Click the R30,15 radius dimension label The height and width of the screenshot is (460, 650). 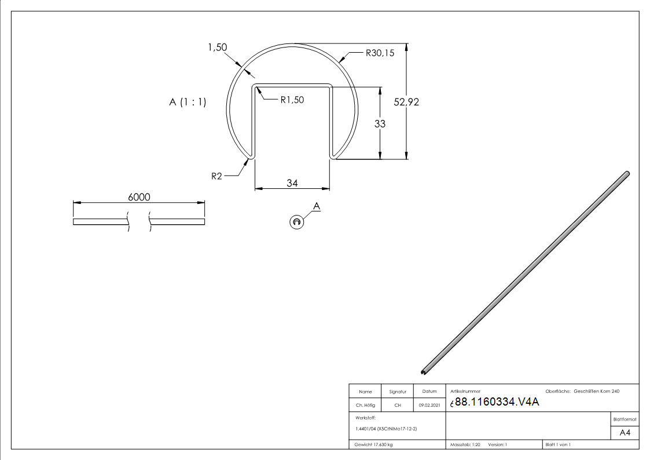pyautogui.click(x=380, y=53)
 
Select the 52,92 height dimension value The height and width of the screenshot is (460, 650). pyautogui.click(x=406, y=102)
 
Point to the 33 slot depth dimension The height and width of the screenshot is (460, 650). pyautogui.click(x=380, y=123)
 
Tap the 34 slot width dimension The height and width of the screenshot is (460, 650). pyautogui.click(x=292, y=183)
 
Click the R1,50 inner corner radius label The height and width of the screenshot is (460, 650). pyautogui.click(x=292, y=100)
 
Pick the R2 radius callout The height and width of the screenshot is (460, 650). pyautogui.click(x=216, y=176)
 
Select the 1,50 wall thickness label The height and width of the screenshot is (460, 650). pyautogui.click(x=218, y=48)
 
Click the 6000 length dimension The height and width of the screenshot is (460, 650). pyautogui.click(x=139, y=197)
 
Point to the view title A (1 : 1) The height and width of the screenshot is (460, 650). pyautogui.click(x=188, y=103)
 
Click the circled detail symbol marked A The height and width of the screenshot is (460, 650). pyautogui.click(x=296, y=222)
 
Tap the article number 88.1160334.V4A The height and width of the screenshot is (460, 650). pyautogui.click(x=497, y=403)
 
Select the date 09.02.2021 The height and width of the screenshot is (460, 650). pyautogui.click(x=429, y=405)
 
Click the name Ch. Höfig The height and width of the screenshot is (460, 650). pyautogui.click(x=365, y=405)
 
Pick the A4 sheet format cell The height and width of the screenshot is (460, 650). pyautogui.click(x=625, y=433)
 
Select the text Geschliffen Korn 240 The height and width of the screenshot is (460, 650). pyautogui.click(x=596, y=392)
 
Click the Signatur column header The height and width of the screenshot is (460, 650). pyautogui.click(x=398, y=392)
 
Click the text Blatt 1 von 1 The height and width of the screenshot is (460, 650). pyautogui.click(x=558, y=445)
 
